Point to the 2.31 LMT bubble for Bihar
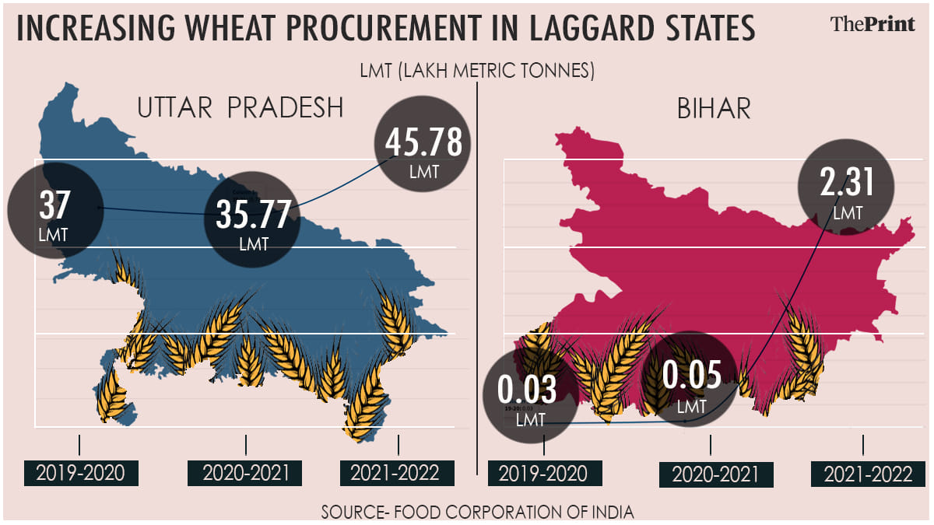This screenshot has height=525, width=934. (846, 189)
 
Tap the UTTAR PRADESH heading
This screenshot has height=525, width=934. (240, 108)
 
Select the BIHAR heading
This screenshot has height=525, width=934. (713, 108)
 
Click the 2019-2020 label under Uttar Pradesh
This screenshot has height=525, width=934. (80, 473)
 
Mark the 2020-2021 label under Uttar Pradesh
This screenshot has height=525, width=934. (245, 473)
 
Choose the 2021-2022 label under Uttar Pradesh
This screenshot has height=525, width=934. (395, 473)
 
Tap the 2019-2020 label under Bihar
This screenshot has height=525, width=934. (545, 474)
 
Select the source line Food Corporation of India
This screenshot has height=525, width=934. (477, 513)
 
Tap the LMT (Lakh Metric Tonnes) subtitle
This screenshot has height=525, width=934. (477, 71)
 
